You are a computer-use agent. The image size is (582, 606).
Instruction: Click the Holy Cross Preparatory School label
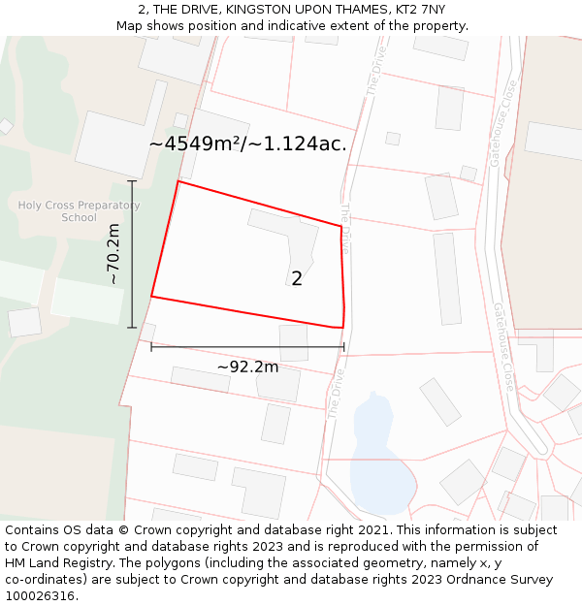point(79,211)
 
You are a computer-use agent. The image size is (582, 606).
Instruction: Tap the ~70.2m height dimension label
point(113,254)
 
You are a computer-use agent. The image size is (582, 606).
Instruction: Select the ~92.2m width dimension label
point(247,367)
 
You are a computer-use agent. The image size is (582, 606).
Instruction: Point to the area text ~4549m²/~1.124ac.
point(247,144)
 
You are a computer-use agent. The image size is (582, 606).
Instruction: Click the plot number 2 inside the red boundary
point(297,278)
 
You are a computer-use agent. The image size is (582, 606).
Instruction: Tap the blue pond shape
point(378,456)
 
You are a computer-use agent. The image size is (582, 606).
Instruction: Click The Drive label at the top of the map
point(374,70)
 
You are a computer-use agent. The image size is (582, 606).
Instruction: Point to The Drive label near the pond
point(336,394)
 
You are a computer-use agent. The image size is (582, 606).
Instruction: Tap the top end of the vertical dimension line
point(132,181)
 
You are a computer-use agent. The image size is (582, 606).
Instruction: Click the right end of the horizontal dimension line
point(343,346)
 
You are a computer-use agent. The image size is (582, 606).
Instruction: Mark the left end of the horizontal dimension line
point(151,346)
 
